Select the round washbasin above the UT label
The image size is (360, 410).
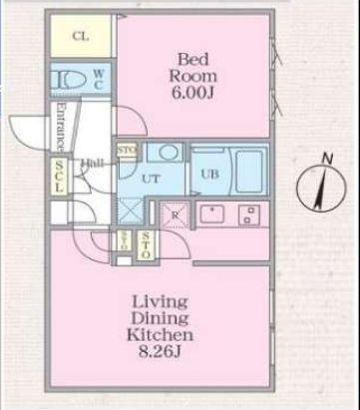tap(168, 153)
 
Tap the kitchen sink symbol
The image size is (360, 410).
tap(213, 213)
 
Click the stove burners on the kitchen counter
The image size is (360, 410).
tap(249, 213)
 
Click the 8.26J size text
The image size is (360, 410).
tap(165, 354)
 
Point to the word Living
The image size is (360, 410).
tap(165, 299)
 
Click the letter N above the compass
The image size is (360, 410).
tap(326, 156)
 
